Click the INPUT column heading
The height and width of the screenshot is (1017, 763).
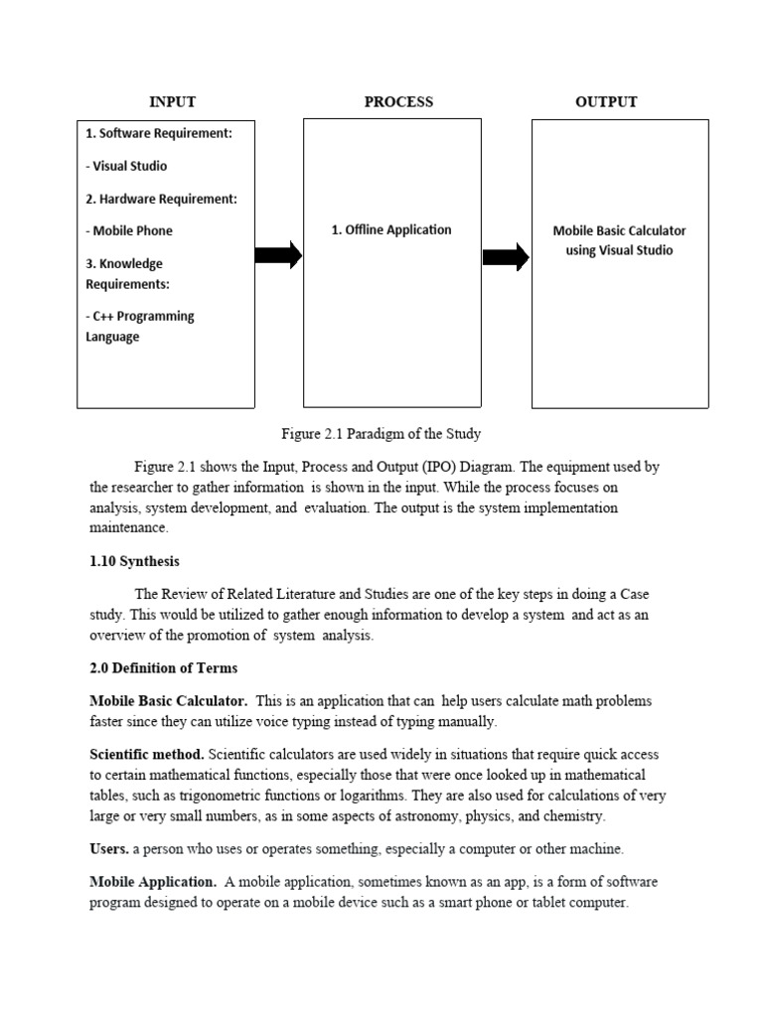(172, 101)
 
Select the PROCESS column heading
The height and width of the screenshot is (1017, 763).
(398, 101)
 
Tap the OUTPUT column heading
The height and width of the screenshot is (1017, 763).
(606, 101)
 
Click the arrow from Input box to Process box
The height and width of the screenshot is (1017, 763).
(278, 255)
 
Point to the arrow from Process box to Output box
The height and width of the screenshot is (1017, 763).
(506, 257)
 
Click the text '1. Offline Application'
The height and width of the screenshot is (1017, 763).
(390, 229)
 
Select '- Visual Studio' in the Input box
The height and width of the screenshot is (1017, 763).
(126, 166)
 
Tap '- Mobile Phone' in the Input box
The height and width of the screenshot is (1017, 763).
(129, 230)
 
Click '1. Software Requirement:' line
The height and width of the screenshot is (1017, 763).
(159, 133)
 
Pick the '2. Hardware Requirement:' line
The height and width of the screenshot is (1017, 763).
(161, 199)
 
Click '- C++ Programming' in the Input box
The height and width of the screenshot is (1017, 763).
(140, 316)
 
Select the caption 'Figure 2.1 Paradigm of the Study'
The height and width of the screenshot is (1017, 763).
(381, 434)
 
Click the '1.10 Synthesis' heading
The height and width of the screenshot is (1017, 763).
(135, 561)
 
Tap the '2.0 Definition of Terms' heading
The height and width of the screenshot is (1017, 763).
(164, 667)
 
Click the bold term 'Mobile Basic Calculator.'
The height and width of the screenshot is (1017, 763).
(169, 701)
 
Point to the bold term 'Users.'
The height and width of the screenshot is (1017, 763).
(109, 849)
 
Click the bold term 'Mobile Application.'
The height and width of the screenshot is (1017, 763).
(153, 882)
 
